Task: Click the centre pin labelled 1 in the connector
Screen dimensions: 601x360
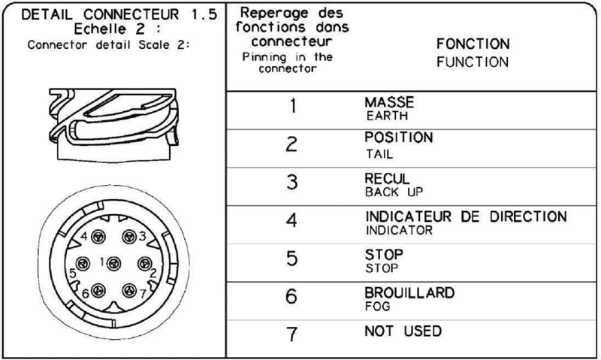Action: coord(113,263)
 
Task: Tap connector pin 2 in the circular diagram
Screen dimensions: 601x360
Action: coord(144,263)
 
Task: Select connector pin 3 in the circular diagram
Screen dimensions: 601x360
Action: coord(129,237)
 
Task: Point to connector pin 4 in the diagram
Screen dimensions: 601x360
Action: coord(98,237)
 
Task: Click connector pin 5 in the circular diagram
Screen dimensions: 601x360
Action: coord(83,263)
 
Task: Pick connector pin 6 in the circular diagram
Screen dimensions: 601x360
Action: coord(98,290)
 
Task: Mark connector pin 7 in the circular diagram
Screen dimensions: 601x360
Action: coord(129,290)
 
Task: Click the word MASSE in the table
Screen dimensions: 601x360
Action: coord(389,102)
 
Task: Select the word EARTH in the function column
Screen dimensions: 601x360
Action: coord(387,116)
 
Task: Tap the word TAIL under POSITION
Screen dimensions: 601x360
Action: coord(379,154)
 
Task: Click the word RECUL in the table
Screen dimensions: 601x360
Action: coord(387,179)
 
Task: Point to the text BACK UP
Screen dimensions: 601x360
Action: coord(394,192)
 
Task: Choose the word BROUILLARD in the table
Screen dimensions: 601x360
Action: coord(409,293)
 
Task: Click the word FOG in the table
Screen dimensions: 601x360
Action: coord(378,307)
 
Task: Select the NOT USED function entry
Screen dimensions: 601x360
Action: coord(403,331)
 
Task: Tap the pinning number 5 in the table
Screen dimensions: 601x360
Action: coord(291,259)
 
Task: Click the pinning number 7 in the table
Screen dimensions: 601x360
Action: coord(291,334)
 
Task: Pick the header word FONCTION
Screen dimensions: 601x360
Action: coord(473,44)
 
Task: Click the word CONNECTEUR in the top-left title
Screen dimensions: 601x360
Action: coord(131,14)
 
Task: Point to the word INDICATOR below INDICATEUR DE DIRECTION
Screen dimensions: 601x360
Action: coord(399,230)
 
